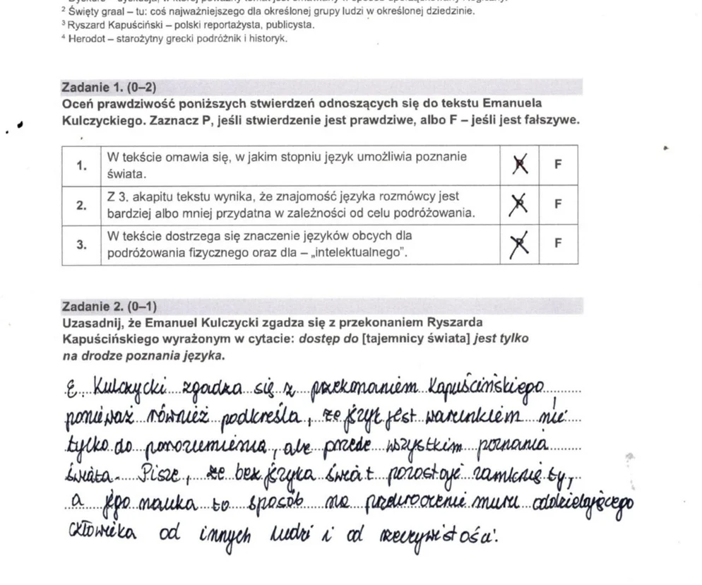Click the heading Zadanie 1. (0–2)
[x=109, y=88]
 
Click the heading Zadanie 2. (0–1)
[x=109, y=307]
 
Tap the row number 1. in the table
[x=82, y=165]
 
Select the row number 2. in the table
[x=82, y=205]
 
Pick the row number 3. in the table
[x=82, y=244]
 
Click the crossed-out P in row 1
[x=520, y=165]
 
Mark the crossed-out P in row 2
[x=520, y=205]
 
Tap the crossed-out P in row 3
[x=520, y=244]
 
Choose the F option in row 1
[x=558, y=165]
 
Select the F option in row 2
[x=558, y=204]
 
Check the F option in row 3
[x=558, y=244]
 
